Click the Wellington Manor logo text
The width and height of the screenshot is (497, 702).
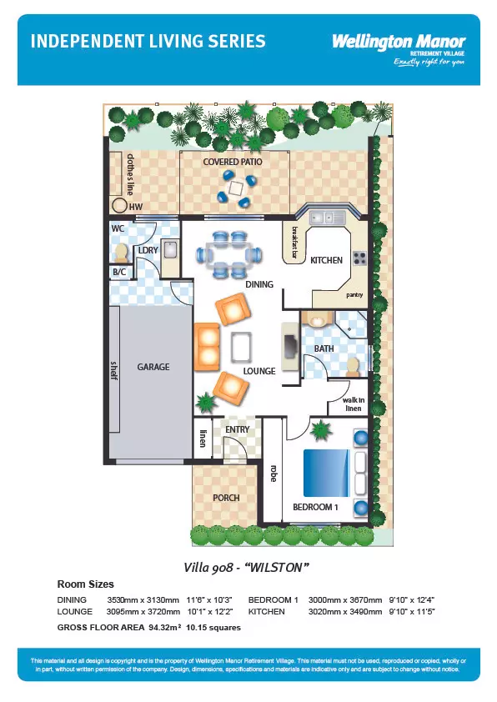coord(399,41)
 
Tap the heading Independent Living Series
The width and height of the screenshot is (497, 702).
coord(148,42)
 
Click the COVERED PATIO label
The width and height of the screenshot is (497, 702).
coord(233,162)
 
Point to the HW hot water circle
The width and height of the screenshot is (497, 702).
coord(120,206)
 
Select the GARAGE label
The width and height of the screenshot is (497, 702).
coord(153,367)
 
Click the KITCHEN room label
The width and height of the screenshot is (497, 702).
coord(326,260)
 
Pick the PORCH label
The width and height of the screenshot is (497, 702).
coord(225,498)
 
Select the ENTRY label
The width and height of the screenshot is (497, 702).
coord(238,429)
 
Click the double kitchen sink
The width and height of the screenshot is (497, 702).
coord(322,218)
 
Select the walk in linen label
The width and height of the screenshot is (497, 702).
coord(354,404)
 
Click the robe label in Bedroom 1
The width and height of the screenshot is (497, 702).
coord(273,474)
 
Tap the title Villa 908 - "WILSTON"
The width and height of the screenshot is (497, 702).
coord(247,567)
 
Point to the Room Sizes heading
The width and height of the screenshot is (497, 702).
coord(85,584)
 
